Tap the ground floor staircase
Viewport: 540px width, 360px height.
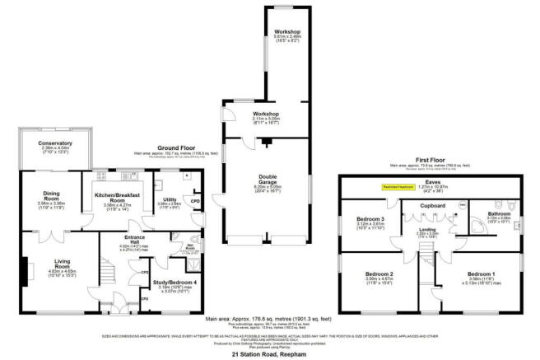(x=109, y=271)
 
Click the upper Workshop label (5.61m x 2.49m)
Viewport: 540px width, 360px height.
(x=288, y=35)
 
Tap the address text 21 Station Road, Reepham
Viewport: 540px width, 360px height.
(x=269, y=353)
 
